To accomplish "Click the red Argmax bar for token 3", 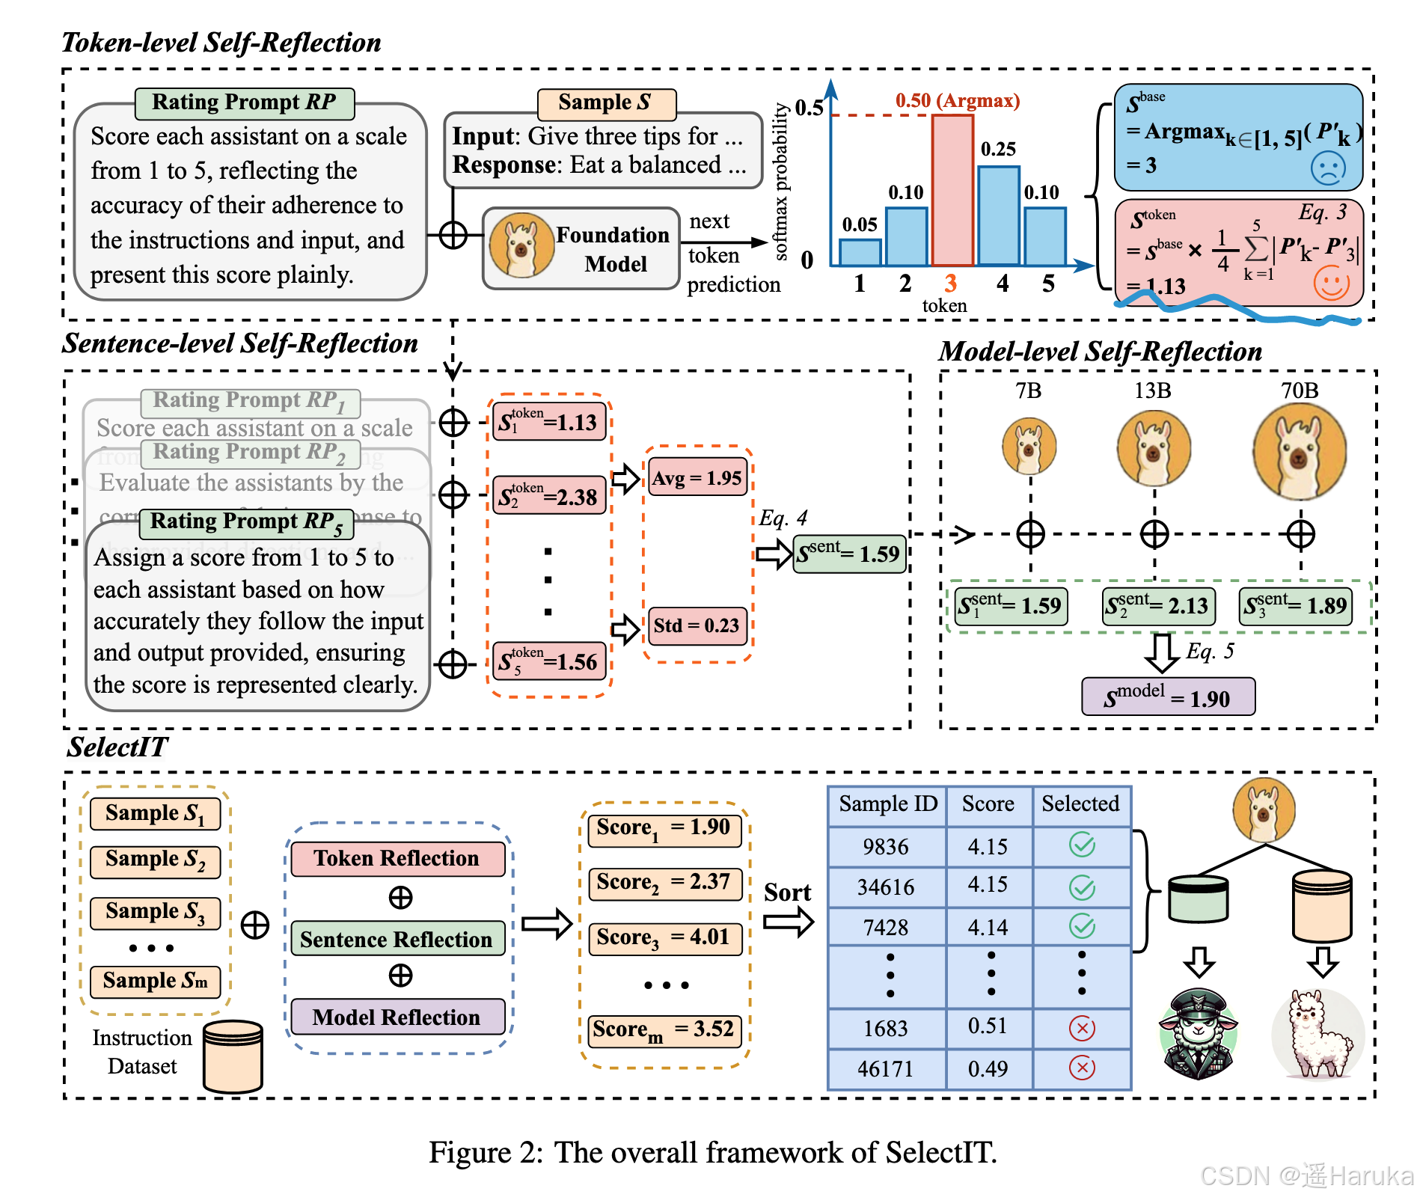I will click(952, 191).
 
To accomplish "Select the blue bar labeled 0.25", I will click(998, 216).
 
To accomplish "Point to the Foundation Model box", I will click(581, 249).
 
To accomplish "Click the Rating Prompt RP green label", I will click(244, 102).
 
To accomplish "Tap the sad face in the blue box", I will click(1328, 168).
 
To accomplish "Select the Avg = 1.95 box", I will click(697, 478).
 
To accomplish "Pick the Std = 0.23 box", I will click(697, 625).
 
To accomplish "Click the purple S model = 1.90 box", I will click(1168, 697).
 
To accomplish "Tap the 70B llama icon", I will click(1300, 451).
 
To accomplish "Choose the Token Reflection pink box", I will click(397, 858).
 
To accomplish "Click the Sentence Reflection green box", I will click(397, 939).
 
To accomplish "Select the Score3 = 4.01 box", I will click(664, 937).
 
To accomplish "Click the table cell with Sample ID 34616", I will click(886, 887).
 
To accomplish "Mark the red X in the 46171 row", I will click(1082, 1068).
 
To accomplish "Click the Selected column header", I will click(1080, 804).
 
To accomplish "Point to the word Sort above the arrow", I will click(787, 893).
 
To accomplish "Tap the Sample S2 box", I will click(155, 861).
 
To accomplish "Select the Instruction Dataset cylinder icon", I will click(233, 1056).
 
